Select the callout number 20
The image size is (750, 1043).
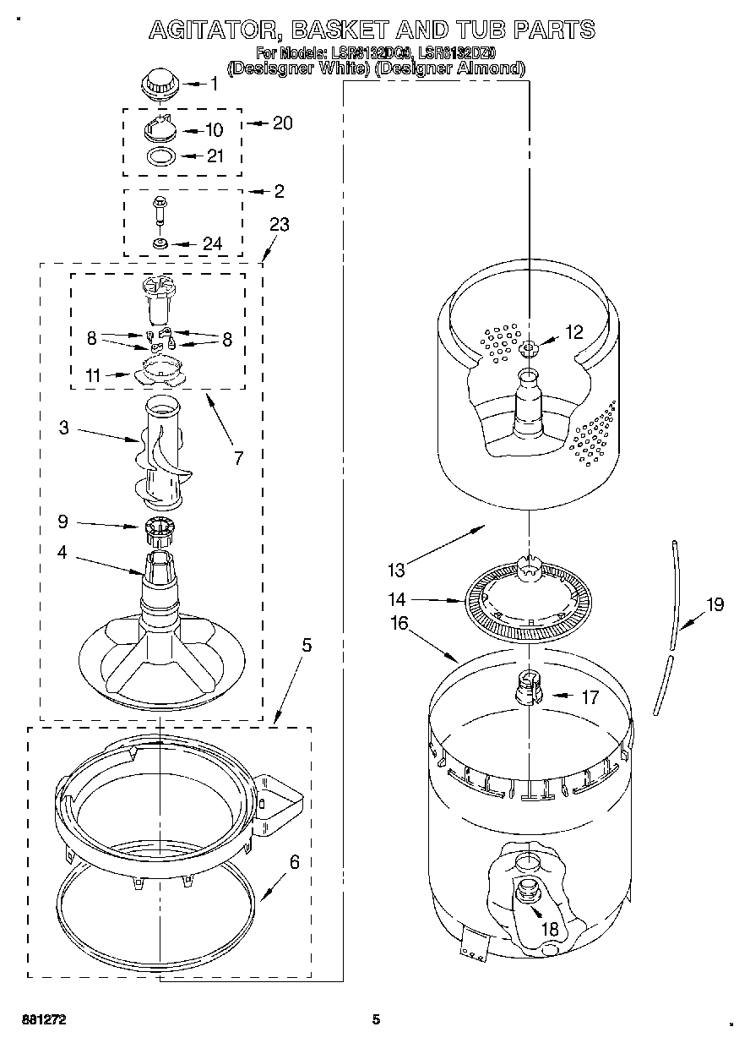[282, 123]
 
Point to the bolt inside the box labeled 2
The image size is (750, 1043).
[159, 209]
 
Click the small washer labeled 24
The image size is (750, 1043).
[159, 243]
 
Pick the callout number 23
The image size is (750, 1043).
[280, 225]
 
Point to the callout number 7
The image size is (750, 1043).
[239, 458]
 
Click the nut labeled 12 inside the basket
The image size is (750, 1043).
[530, 348]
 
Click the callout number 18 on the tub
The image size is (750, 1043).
[550, 929]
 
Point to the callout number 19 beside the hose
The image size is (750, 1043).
[715, 603]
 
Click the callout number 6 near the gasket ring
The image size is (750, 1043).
[294, 862]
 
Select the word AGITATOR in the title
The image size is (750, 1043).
[209, 30]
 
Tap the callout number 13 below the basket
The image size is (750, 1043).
[396, 571]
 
